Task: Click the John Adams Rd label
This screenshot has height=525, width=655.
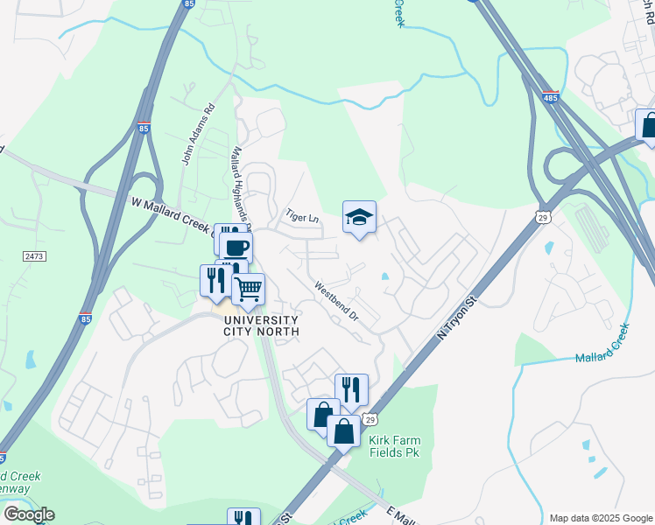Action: point(197,136)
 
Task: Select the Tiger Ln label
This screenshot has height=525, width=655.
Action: point(303,216)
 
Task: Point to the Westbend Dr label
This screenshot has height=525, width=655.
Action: point(337,299)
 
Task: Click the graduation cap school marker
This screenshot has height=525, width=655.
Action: point(359,216)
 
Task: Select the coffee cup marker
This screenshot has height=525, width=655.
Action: point(236,247)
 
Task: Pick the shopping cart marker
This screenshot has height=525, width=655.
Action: point(249,288)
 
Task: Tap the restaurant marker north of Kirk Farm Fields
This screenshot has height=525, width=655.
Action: point(351,389)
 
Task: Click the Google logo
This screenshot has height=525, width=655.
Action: point(29,514)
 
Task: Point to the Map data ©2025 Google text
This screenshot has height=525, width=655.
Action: point(600,518)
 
